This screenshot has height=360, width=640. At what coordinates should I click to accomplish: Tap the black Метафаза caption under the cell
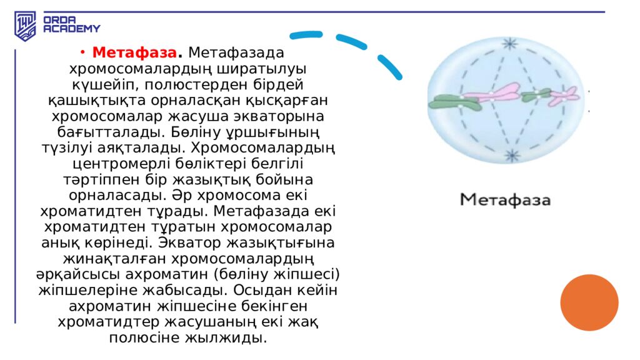(505, 200)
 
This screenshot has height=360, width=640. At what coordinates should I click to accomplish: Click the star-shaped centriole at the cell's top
(511, 44)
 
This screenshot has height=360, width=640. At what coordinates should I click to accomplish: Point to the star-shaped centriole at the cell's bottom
(512, 155)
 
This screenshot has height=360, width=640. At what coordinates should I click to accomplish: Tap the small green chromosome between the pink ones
(536, 96)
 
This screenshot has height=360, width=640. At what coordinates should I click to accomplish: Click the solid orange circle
(589, 302)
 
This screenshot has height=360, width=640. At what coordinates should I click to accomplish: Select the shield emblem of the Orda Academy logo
(26, 26)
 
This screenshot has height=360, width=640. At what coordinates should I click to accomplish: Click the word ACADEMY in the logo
(71, 29)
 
